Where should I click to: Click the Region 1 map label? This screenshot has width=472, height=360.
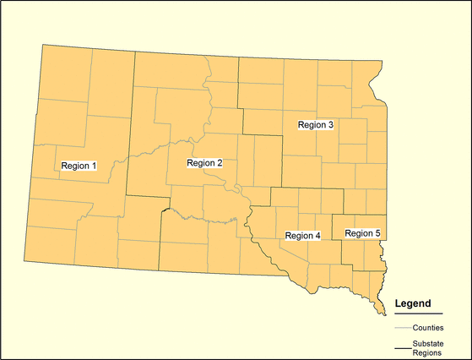pyautogui.click(x=78, y=166)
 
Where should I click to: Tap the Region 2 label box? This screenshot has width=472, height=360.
pyautogui.click(x=204, y=162)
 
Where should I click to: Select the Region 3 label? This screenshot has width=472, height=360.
pyautogui.click(x=317, y=125)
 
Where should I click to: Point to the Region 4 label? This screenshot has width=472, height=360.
pyautogui.click(x=302, y=236)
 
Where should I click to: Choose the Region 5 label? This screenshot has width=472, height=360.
pyautogui.click(x=363, y=232)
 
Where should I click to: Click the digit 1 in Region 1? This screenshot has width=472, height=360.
pyautogui.click(x=95, y=166)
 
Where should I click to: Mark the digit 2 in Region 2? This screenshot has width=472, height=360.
pyautogui.click(x=220, y=162)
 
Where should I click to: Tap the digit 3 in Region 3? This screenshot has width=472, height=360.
pyautogui.click(x=332, y=125)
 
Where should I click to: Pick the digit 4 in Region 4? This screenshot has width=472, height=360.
pyautogui.click(x=317, y=236)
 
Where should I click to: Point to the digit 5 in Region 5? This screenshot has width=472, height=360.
pyautogui.click(x=378, y=232)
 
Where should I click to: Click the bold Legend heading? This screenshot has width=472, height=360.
pyautogui.click(x=413, y=303)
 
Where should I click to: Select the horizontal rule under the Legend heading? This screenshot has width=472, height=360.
pyautogui.click(x=418, y=314)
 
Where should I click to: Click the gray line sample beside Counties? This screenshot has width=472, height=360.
pyautogui.click(x=403, y=327)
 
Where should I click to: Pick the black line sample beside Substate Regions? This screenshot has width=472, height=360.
pyautogui.click(x=403, y=347)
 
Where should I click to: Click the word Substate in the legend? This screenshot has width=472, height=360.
pyautogui.click(x=429, y=343)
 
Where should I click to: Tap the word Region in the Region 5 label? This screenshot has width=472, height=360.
pyautogui.click(x=359, y=232)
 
